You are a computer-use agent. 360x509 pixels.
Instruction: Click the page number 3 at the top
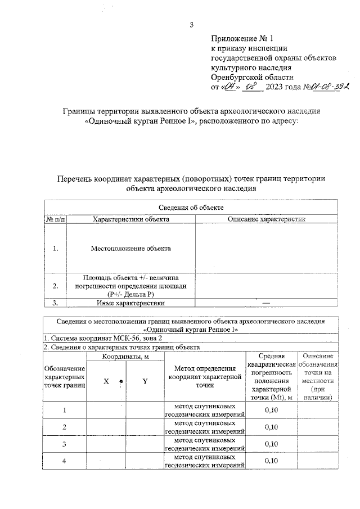(x=191, y=24)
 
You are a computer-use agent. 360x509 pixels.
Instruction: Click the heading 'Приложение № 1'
(x=241, y=39)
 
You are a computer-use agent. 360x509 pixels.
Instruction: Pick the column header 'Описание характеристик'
(x=266, y=219)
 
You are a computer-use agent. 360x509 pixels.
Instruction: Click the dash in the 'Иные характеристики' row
(x=266, y=303)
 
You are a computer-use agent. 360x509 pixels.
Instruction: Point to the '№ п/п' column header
(x=55, y=219)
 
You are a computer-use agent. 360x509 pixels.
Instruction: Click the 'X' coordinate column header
(x=105, y=381)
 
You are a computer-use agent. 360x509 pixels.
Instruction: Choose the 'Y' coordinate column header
(x=145, y=381)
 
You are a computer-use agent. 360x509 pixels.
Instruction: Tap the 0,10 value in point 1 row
(x=271, y=410)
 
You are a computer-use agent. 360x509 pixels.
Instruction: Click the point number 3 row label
(x=64, y=444)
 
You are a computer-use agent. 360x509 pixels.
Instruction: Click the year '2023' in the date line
(x=277, y=87)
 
